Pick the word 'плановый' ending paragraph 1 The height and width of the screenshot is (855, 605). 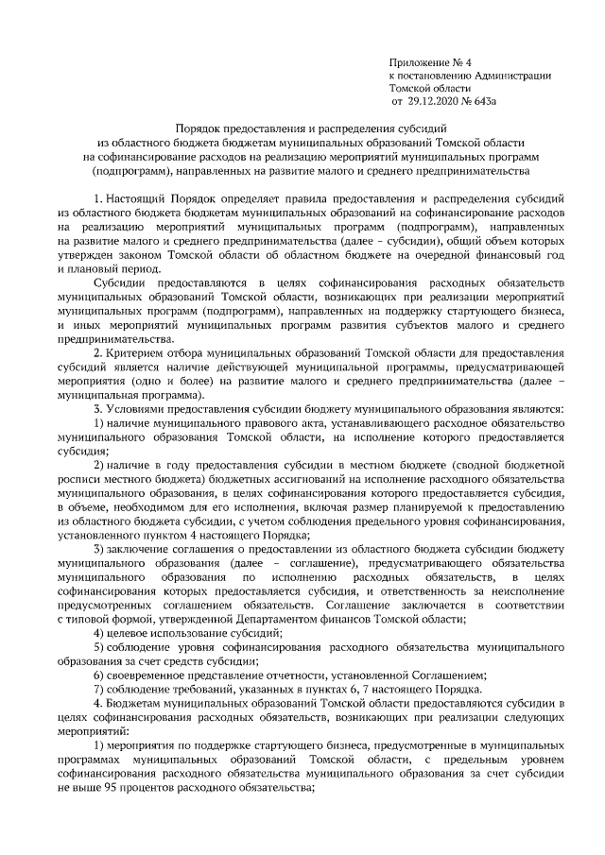pyautogui.click(x=98, y=269)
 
